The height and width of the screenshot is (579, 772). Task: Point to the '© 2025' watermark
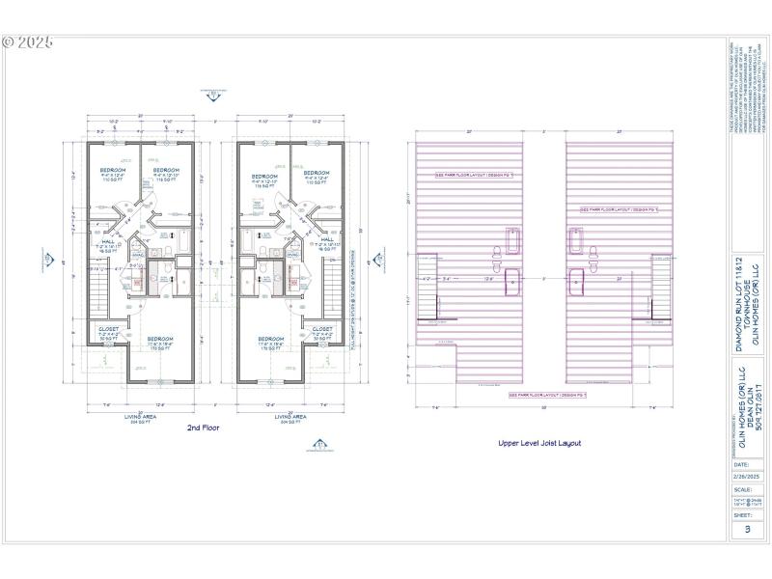28,43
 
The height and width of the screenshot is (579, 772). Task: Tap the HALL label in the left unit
109,242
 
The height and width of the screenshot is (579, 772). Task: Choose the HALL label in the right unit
325,242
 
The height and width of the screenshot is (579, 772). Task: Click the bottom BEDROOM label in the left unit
160,340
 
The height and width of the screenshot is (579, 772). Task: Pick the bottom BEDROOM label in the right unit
273,340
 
